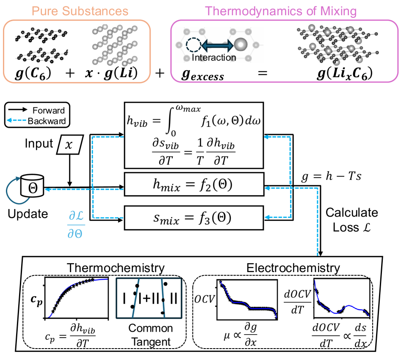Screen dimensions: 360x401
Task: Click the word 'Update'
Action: pos(28,213)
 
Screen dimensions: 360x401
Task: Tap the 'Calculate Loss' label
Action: pos(352,220)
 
